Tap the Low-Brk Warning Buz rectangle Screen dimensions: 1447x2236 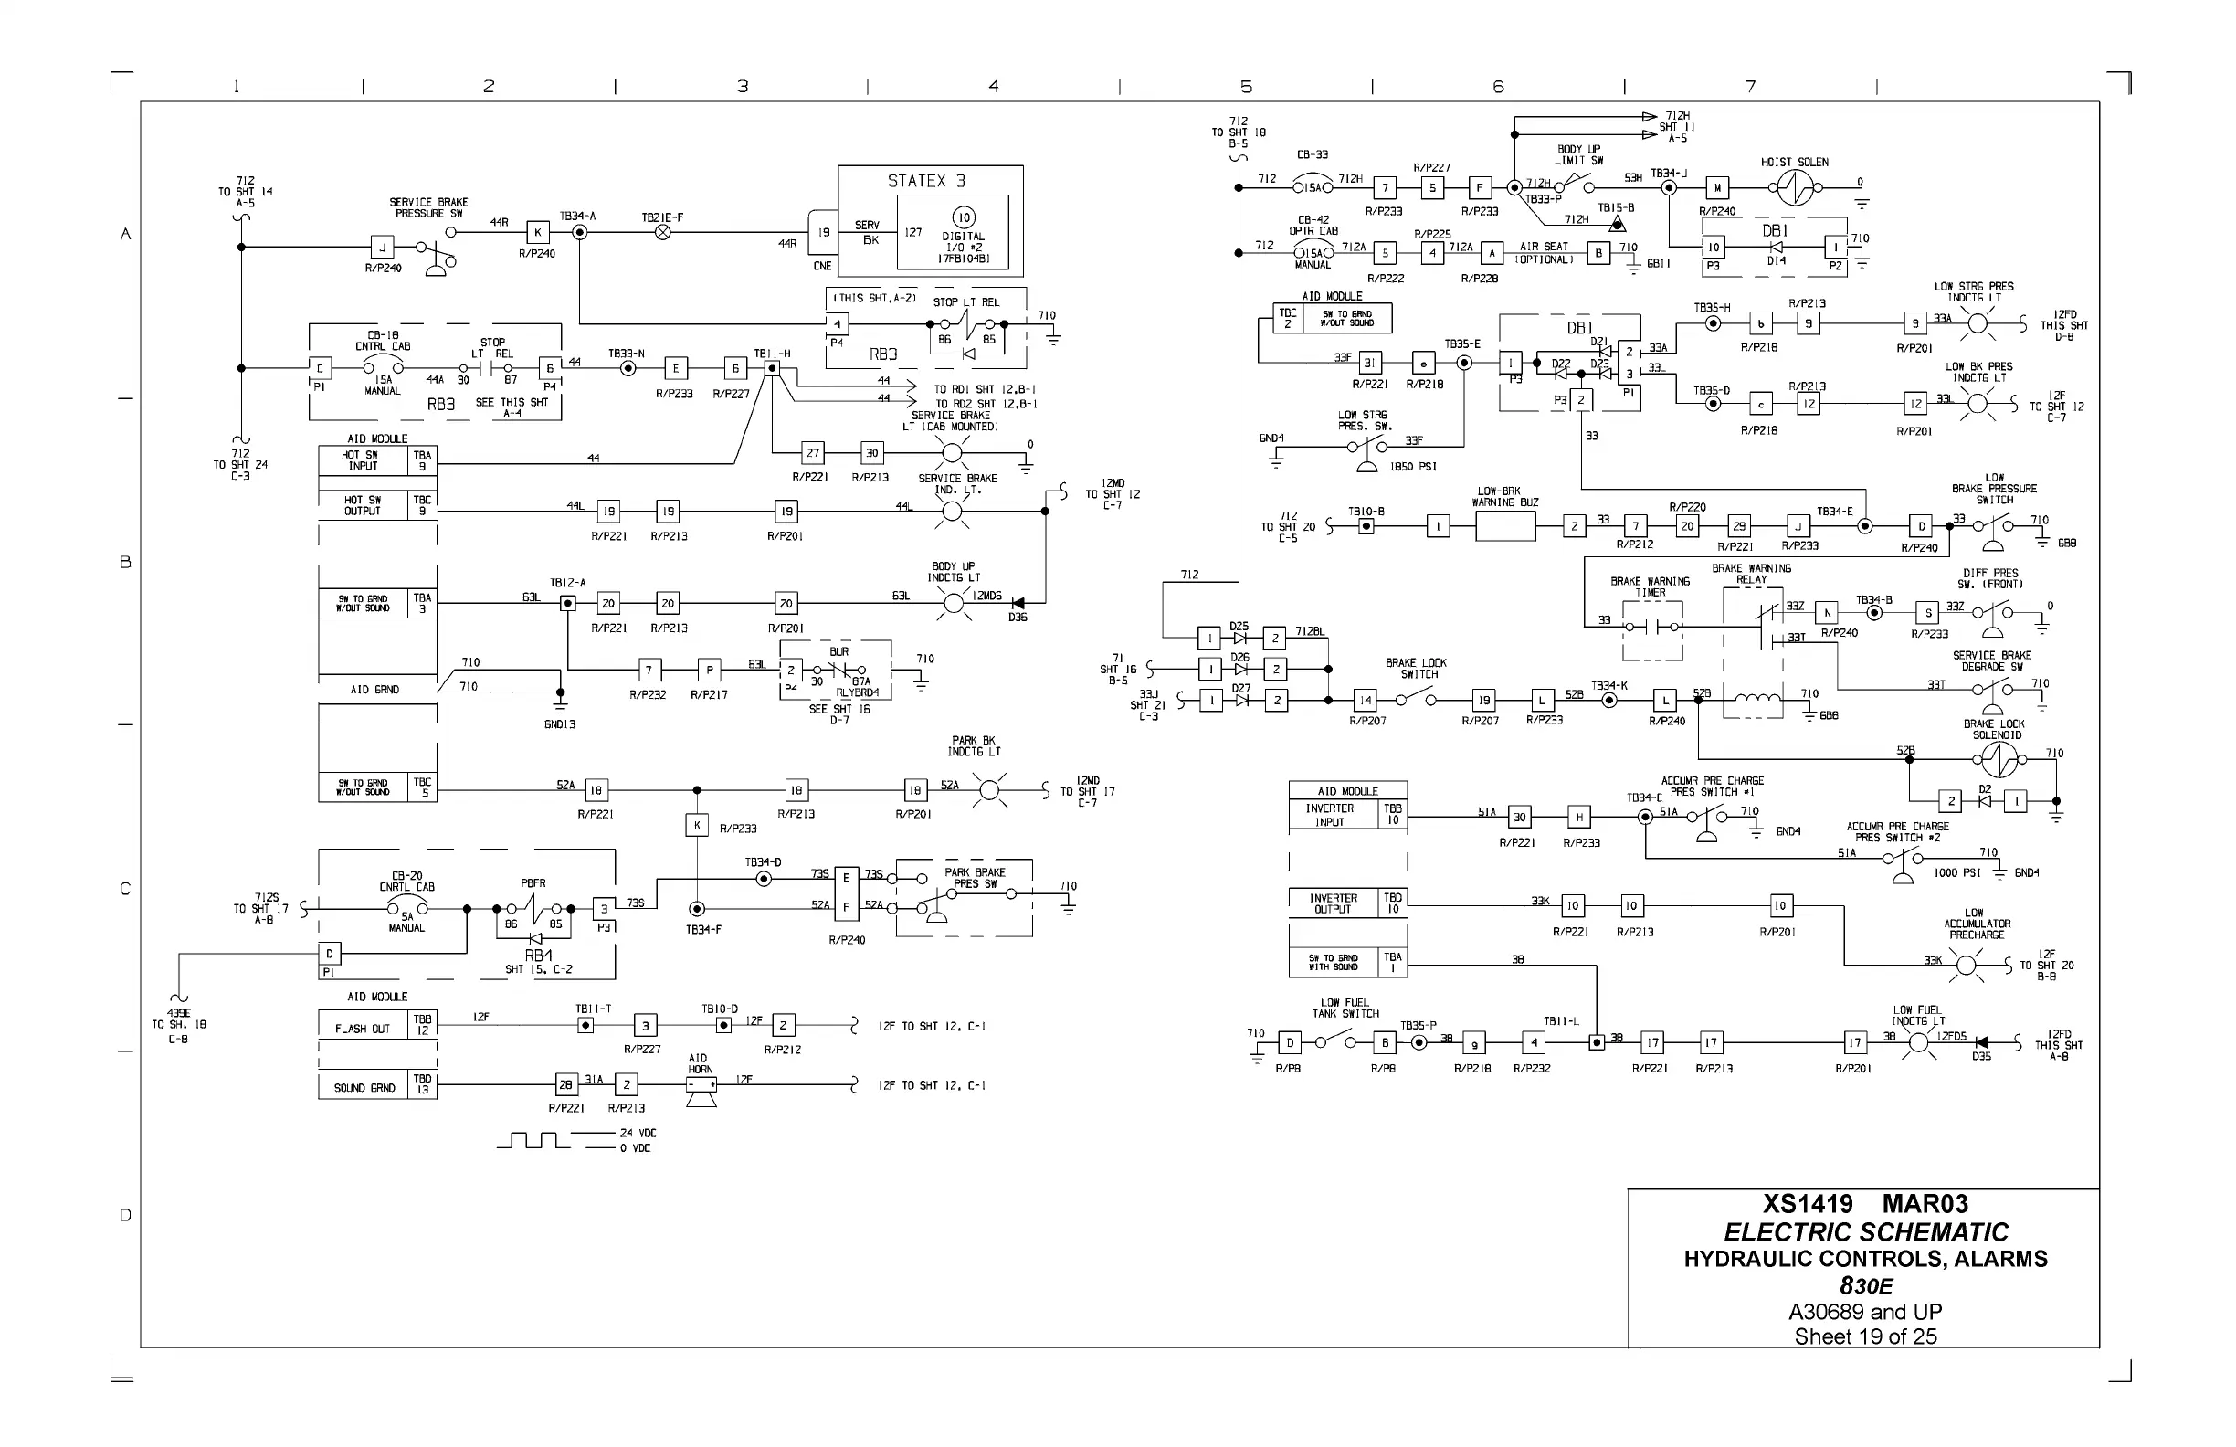[x=1505, y=527]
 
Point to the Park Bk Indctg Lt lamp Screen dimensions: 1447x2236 [x=988, y=790]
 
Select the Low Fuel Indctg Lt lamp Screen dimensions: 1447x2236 [x=1918, y=1042]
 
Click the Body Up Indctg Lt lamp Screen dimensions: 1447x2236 [x=954, y=602]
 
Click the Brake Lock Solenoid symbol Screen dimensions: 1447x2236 [x=1999, y=759]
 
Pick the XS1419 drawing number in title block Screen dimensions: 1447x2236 [x=1808, y=1205]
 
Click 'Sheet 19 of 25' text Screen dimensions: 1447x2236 [x=1865, y=1337]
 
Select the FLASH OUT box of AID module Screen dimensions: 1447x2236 [x=363, y=1028]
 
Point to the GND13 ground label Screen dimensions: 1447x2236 [x=560, y=724]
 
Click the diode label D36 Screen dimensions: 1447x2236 [x=1018, y=618]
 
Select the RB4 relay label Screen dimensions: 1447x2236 [x=538, y=956]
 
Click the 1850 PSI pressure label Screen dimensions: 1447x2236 [x=1413, y=467]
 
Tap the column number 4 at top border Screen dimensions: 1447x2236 [x=994, y=87]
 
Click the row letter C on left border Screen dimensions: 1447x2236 [x=125, y=889]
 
